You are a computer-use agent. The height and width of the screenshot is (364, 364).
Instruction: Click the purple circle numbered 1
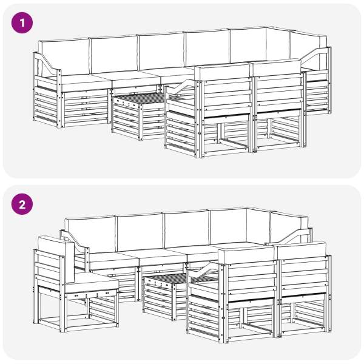click(22, 23)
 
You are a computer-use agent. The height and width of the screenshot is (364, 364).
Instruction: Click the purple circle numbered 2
click(22, 204)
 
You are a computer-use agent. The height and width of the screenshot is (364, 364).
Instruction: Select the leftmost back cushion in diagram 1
click(64, 58)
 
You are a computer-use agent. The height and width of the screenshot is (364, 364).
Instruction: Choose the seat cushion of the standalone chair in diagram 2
click(91, 282)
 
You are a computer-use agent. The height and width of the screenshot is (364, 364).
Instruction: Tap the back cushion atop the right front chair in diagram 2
click(302, 250)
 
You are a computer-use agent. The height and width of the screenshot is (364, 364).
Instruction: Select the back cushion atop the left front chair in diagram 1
click(223, 72)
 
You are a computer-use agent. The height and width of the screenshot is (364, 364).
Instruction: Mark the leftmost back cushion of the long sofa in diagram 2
click(91, 234)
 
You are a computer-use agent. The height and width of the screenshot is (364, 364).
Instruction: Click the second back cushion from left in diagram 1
click(114, 55)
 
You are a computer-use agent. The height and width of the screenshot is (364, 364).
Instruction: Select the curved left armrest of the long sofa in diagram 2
click(75, 241)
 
